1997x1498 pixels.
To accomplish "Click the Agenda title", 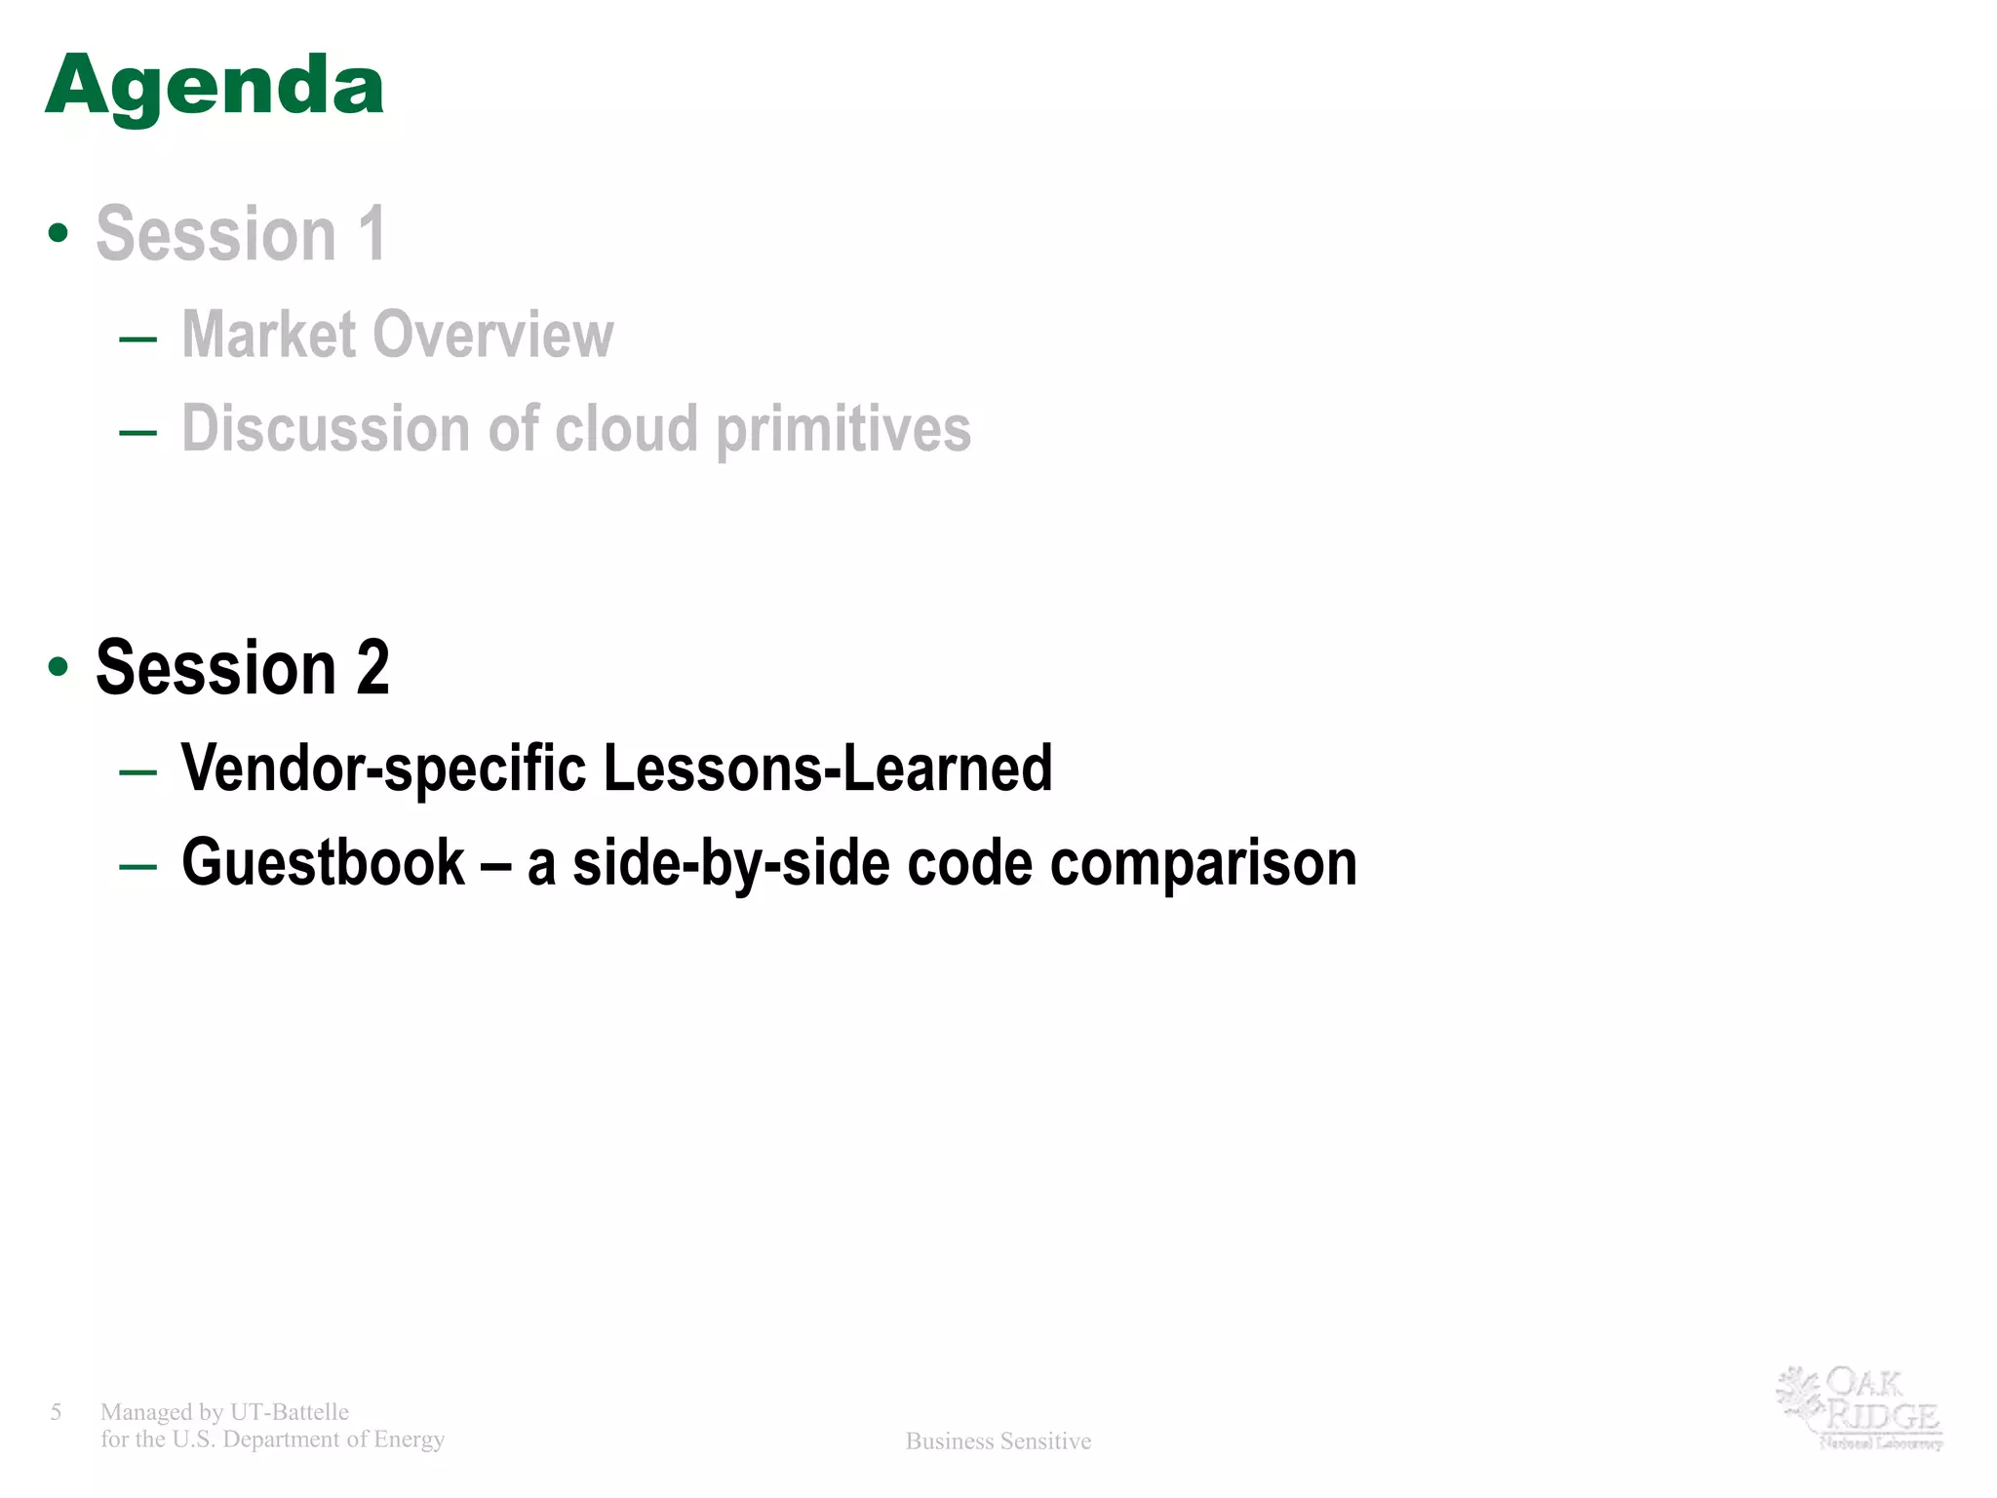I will coord(215,86).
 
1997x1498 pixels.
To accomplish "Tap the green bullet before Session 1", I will coord(59,233).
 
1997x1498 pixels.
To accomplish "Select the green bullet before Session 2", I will coord(59,667).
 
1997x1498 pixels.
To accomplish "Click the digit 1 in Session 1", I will coord(372,234).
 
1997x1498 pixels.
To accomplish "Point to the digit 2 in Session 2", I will coord(372,668).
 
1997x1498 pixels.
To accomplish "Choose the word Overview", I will coord(493,335).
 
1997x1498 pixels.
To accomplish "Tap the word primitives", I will coord(843,429).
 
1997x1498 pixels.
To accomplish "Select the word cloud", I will coord(627,429).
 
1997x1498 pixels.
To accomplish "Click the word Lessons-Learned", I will coord(828,769).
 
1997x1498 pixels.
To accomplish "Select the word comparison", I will coord(1203,863).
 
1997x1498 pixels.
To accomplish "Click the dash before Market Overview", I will coord(137,338).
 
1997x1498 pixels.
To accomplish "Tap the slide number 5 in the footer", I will coord(57,1411).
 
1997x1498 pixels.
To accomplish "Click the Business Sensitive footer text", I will coord(998,1441).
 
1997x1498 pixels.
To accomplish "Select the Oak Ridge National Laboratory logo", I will coord(1860,1407).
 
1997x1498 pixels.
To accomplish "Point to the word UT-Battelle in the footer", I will coord(290,1412).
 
